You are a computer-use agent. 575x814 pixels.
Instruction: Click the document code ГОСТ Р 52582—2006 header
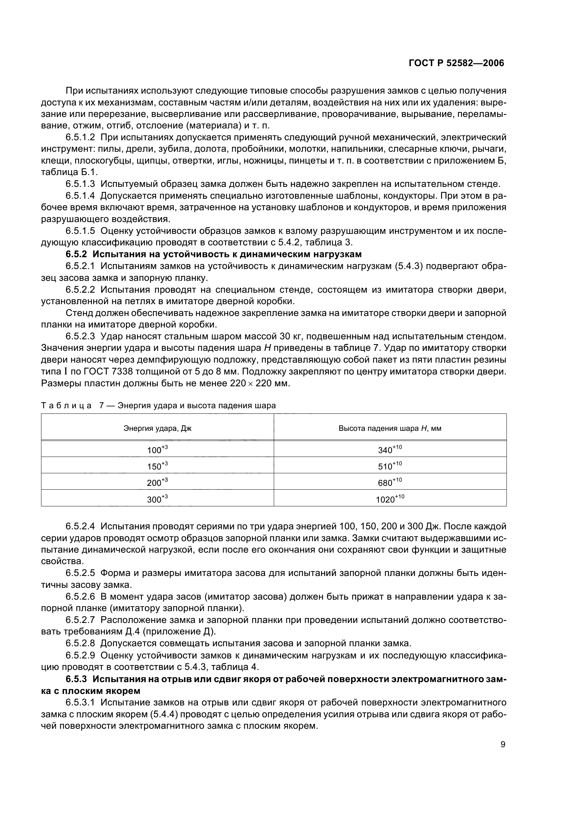click(x=456, y=63)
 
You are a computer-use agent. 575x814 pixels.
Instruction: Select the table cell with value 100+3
click(x=157, y=450)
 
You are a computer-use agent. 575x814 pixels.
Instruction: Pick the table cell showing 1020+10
click(x=390, y=499)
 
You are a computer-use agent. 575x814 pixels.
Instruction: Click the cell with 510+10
click(x=390, y=466)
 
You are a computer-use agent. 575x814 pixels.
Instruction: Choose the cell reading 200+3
click(x=157, y=482)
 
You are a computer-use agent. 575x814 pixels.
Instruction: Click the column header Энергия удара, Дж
click(x=157, y=428)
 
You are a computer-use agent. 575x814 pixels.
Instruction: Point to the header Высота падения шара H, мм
click(x=390, y=428)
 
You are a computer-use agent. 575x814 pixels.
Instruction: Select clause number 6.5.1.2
click(x=80, y=137)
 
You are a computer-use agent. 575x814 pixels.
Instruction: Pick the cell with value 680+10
click(x=390, y=482)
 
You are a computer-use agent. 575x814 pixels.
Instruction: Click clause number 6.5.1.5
click(x=80, y=231)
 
